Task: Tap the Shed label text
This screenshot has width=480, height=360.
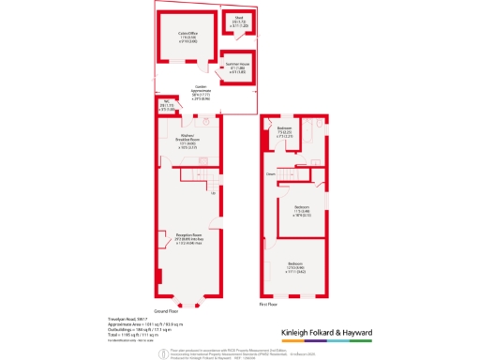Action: pyautogui.click(x=238, y=20)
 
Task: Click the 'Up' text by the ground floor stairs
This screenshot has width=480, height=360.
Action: pyautogui.click(x=213, y=193)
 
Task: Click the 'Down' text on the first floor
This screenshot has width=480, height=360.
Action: pyautogui.click(x=270, y=173)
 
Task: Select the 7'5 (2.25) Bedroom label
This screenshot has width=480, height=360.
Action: pyautogui.click(x=284, y=131)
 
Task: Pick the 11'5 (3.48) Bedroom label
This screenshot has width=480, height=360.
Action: pyautogui.click(x=303, y=211)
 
